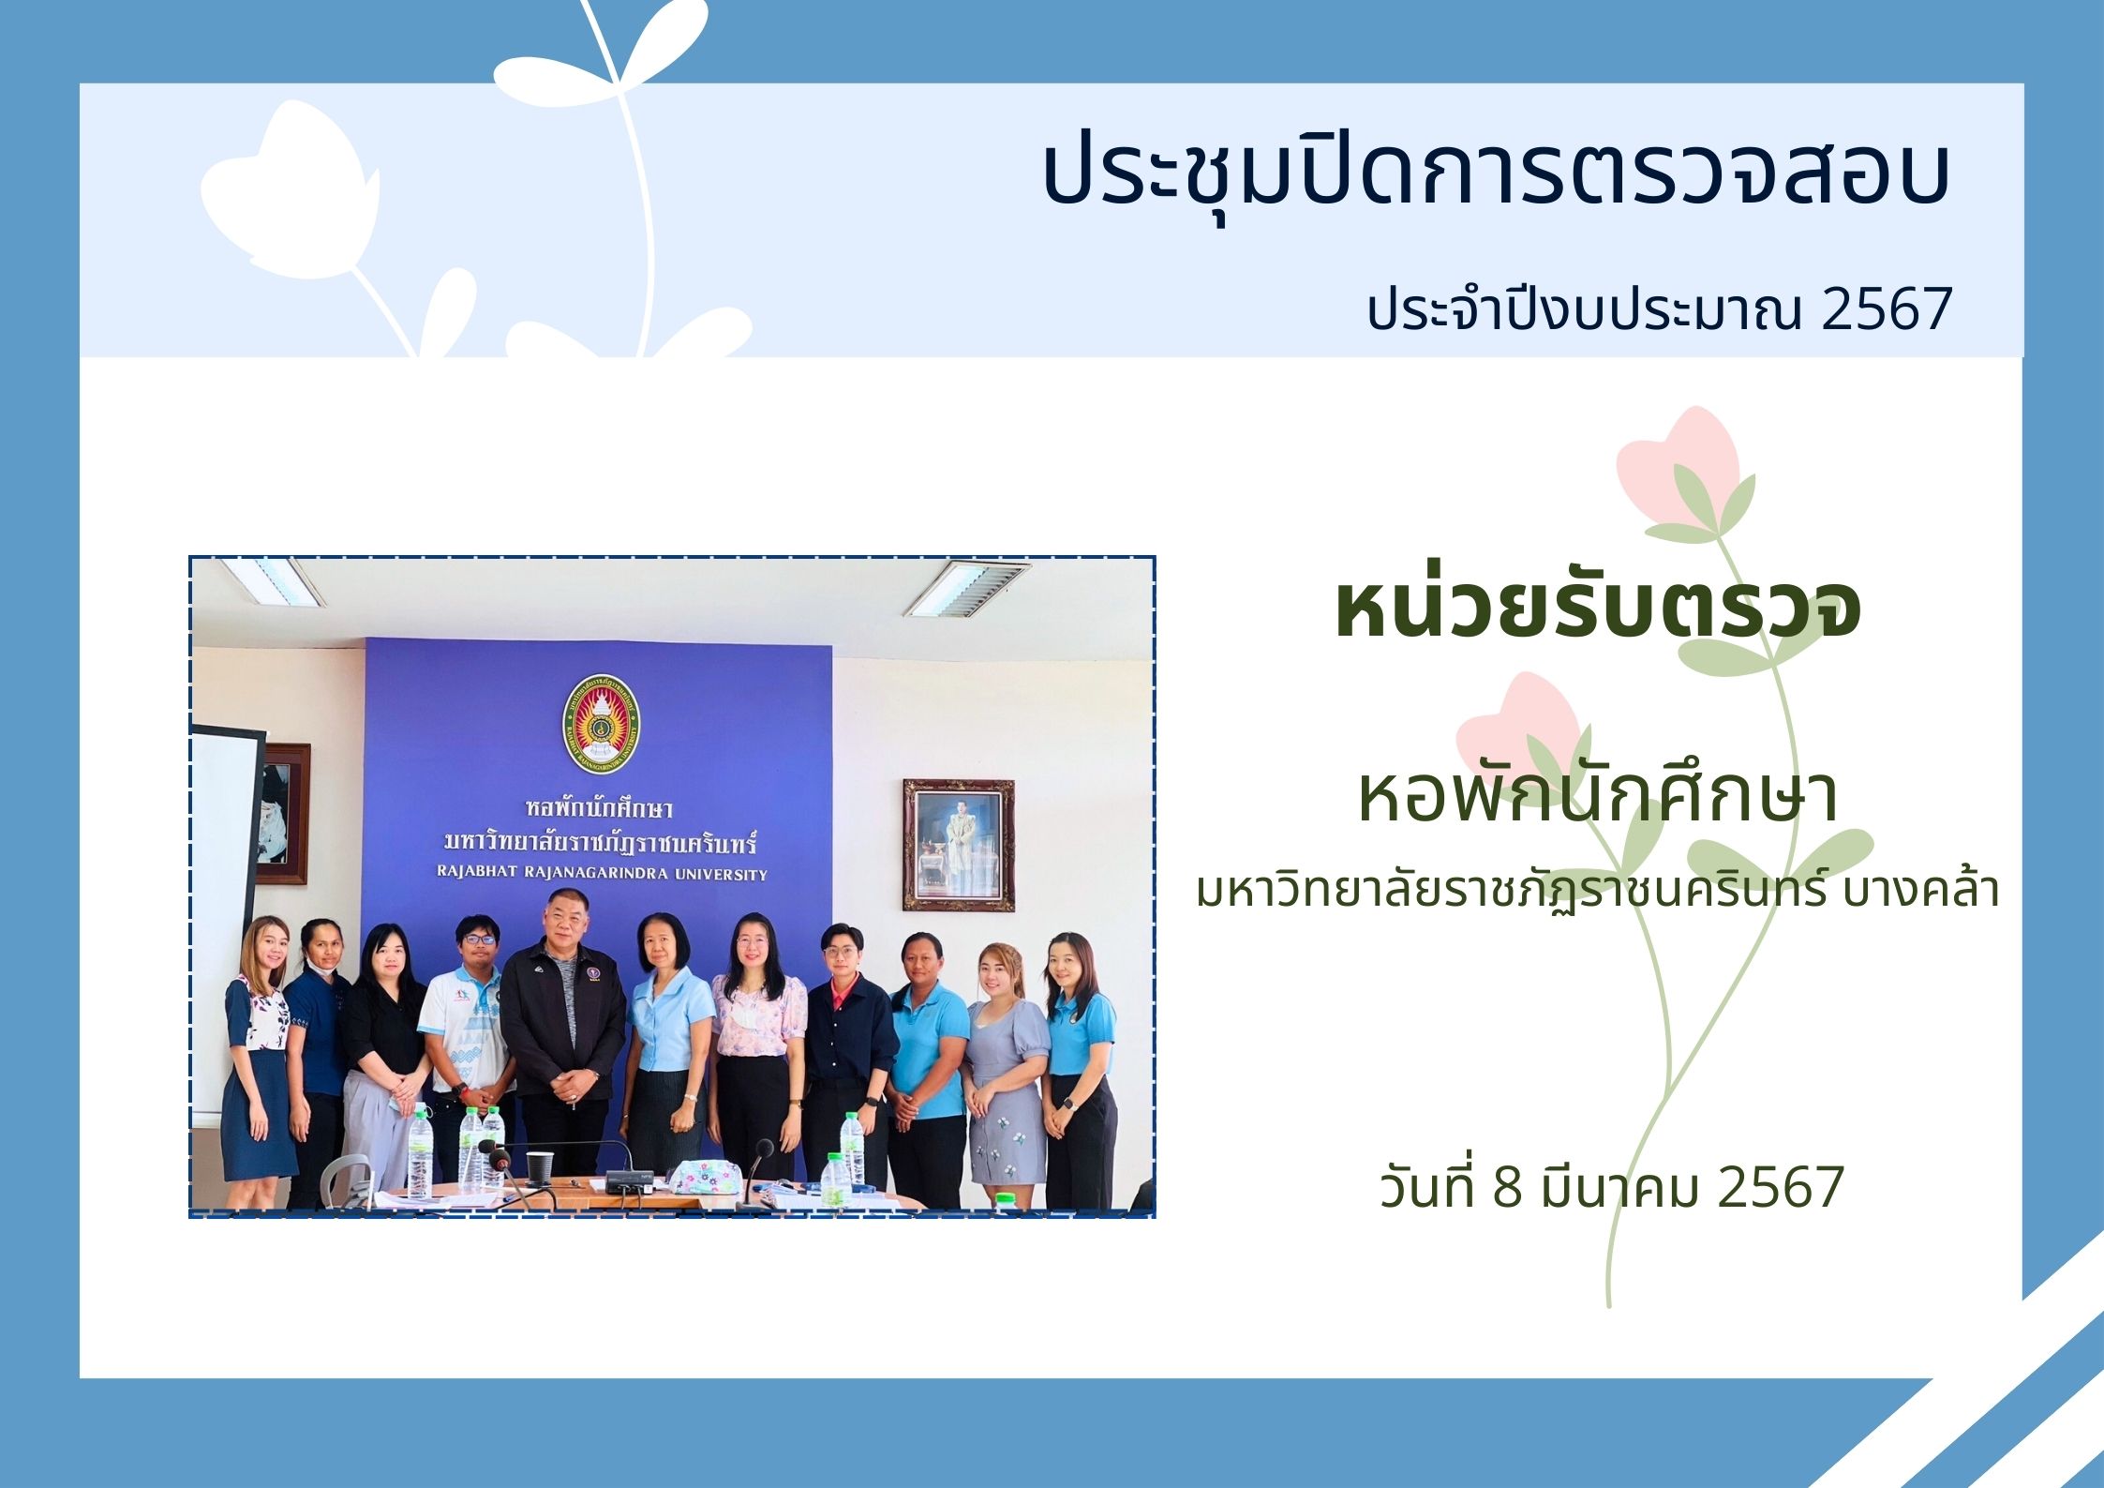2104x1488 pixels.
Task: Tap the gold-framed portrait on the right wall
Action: click(x=959, y=845)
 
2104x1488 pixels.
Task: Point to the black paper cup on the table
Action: click(x=540, y=1166)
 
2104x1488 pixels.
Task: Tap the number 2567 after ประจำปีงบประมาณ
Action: click(x=1886, y=309)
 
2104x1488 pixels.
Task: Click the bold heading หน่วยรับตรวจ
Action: click(x=1598, y=608)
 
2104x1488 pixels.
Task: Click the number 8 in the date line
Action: click(x=1507, y=1187)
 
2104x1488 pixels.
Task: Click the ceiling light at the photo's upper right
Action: click(x=966, y=588)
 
